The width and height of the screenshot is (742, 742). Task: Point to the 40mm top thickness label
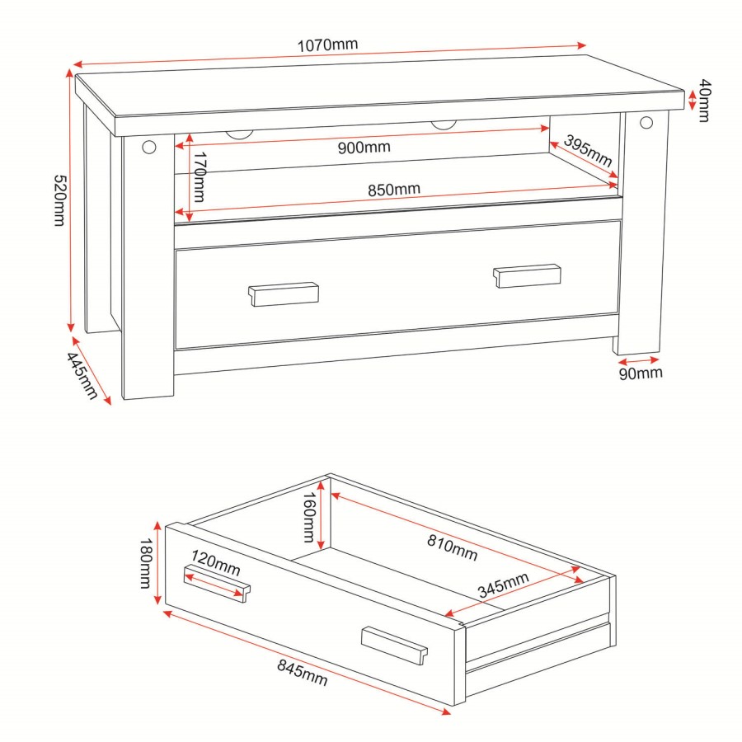click(x=703, y=100)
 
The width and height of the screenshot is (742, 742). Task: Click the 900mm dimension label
click(x=364, y=148)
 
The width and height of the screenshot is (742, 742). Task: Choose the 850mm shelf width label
click(x=393, y=189)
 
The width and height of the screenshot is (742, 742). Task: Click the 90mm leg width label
click(x=640, y=373)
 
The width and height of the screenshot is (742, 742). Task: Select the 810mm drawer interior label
click(x=453, y=546)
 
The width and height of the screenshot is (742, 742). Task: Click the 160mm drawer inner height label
click(x=307, y=518)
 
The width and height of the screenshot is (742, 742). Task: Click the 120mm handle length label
click(x=216, y=566)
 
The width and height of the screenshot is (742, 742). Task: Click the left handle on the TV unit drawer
click(x=284, y=294)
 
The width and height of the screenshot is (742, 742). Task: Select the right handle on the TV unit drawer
click(x=528, y=275)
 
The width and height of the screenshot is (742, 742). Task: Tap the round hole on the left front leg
click(x=148, y=147)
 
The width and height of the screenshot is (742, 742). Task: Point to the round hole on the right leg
click(x=645, y=124)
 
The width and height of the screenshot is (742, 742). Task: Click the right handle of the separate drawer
click(x=394, y=645)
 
